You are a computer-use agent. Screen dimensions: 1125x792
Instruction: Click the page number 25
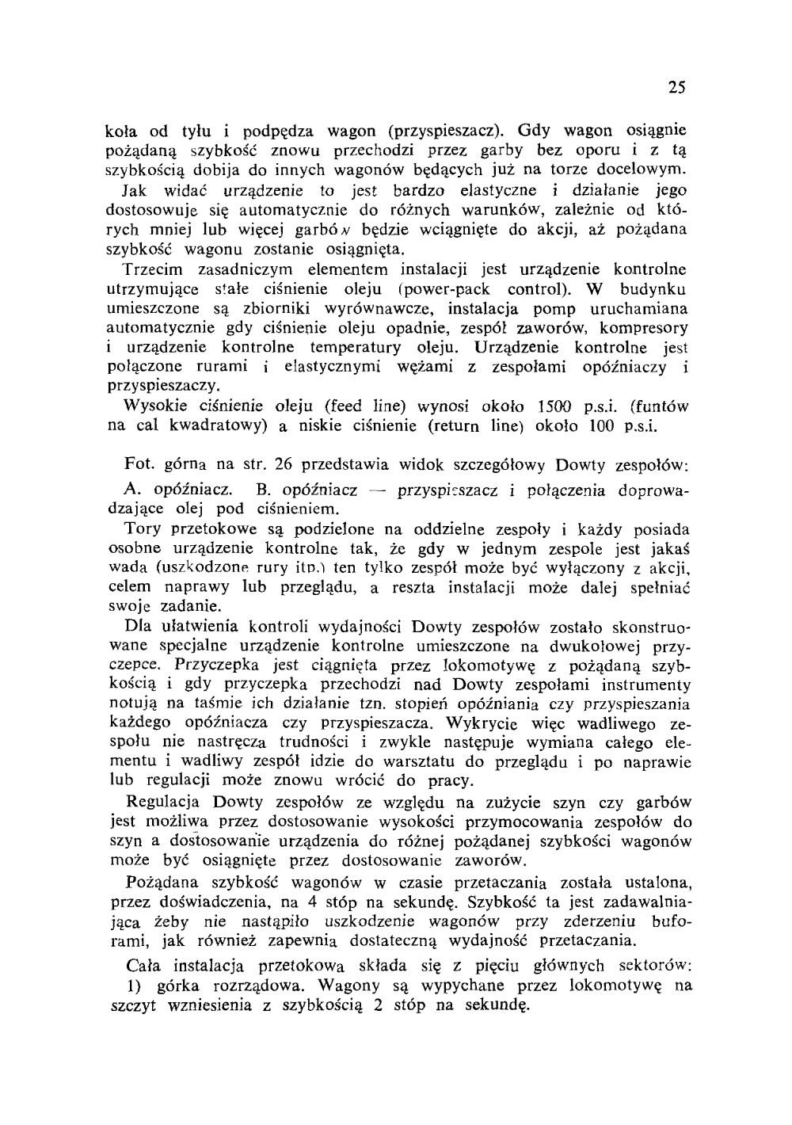pyautogui.click(x=676, y=87)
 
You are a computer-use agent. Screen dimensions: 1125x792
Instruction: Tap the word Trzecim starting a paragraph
pyautogui.click(x=155, y=270)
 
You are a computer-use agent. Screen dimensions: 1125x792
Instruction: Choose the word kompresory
pyautogui.click(x=643, y=328)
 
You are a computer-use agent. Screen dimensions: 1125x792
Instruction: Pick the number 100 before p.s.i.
pyautogui.click(x=605, y=426)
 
